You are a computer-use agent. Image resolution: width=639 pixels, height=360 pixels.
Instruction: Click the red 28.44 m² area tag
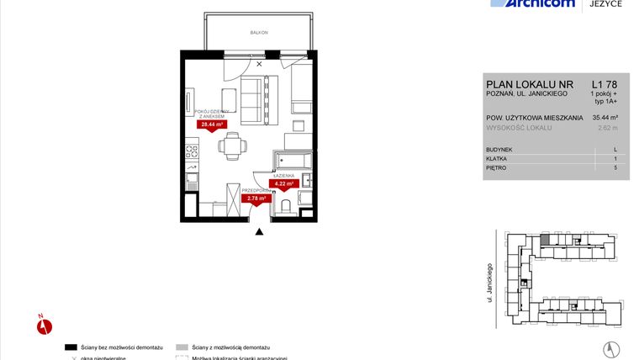click(212, 124)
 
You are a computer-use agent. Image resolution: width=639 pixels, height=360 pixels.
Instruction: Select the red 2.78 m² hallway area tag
click(255, 199)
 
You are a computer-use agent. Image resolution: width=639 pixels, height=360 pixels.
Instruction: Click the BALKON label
click(259, 32)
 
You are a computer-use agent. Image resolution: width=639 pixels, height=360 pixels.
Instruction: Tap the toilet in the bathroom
click(285, 204)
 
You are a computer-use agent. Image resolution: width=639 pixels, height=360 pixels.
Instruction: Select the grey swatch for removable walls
click(182, 347)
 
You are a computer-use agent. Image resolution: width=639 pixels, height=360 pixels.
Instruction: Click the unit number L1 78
click(604, 84)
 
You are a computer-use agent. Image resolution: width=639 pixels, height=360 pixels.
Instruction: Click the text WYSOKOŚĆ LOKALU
click(519, 128)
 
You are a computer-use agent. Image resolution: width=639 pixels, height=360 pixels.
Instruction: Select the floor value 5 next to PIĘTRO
click(615, 168)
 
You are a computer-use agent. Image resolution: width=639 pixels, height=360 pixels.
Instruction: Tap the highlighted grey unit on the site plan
click(546, 241)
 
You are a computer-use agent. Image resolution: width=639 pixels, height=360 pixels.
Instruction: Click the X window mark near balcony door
click(259, 63)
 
